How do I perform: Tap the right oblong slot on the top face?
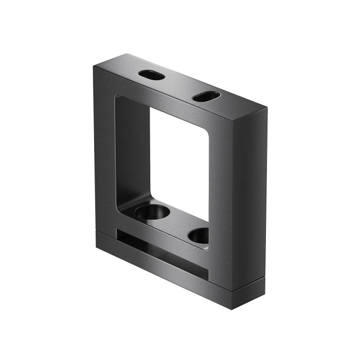click(206, 96)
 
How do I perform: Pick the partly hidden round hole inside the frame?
click(200, 236)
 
